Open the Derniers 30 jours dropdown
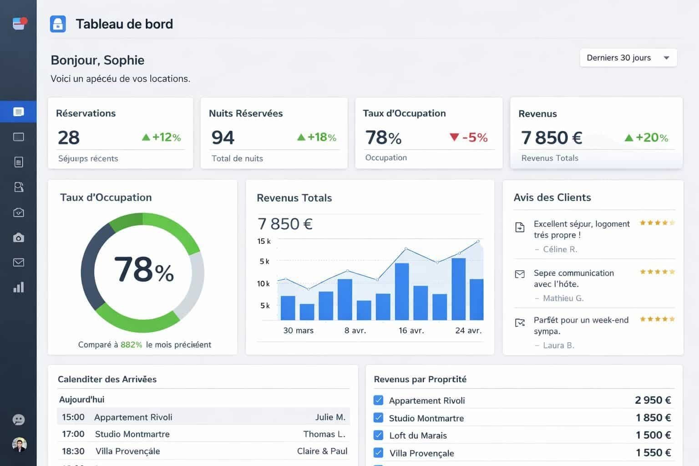click(x=628, y=58)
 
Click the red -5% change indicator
click(x=468, y=137)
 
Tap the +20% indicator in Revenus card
click(x=646, y=137)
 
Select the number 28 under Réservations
click(x=69, y=137)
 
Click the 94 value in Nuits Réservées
click(x=223, y=137)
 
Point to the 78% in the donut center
click(x=143, y=270)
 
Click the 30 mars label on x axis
click(x=298, y=330)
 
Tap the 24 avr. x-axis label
click(x=468, y=330)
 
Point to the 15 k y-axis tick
click(x=264, y=241)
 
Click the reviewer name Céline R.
click(x=560, y=249)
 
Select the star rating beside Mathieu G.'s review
click(x=657, y=272)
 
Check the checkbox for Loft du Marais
click(x=378, y=435)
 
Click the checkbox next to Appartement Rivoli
click(x=378, y=400)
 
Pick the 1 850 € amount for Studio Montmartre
click(x=653, y=418)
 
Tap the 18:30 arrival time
click(x=73, y=451)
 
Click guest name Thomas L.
click(x=324, y=434)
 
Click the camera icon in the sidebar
click(x=19, y=238)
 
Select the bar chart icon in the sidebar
click(x=19, y=287)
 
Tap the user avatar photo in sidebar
click(x=19, y=444)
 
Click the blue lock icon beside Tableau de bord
click(x=58, y=24)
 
